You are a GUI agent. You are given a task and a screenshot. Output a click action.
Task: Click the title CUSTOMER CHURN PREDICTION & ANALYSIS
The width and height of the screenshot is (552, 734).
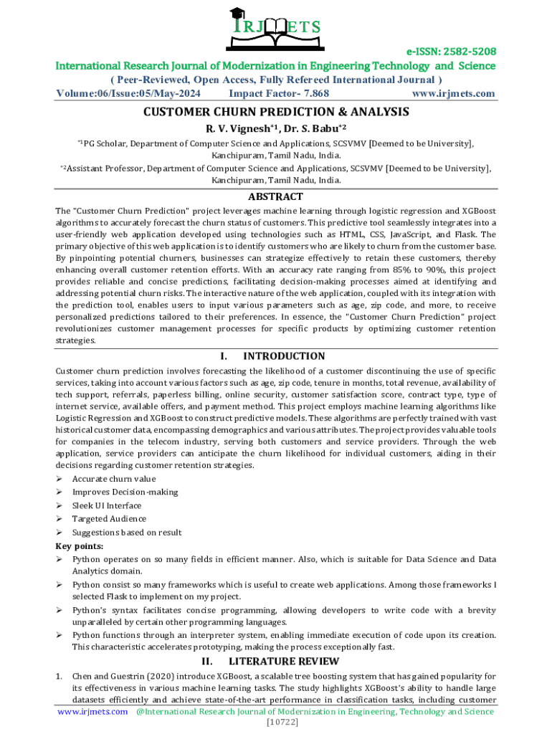tap(276, 112)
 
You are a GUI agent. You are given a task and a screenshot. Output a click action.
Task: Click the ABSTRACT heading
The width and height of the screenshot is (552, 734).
tap(276, 196)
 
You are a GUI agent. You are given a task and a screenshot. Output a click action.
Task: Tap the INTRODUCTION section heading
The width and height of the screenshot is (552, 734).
tap(284, 356)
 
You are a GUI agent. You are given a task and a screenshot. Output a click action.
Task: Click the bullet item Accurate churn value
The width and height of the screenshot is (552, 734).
tap(113, 479)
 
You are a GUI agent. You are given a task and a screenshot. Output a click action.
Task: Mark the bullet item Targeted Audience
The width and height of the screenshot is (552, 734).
tap(109, 519)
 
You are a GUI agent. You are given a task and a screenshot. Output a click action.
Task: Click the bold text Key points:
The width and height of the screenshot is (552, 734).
tap(79, 545)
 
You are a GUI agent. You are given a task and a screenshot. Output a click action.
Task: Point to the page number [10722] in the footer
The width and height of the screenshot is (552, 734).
tap(276, 722)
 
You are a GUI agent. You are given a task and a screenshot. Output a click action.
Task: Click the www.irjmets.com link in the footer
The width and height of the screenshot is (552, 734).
tap(92, 711)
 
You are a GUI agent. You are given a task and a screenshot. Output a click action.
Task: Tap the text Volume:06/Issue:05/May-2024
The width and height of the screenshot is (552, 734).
tap(129, 94)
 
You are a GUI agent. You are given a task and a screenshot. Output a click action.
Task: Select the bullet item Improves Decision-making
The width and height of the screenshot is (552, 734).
tap(125, 492)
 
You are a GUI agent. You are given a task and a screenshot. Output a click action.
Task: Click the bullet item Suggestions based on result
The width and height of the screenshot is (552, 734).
tap(127, 533)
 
